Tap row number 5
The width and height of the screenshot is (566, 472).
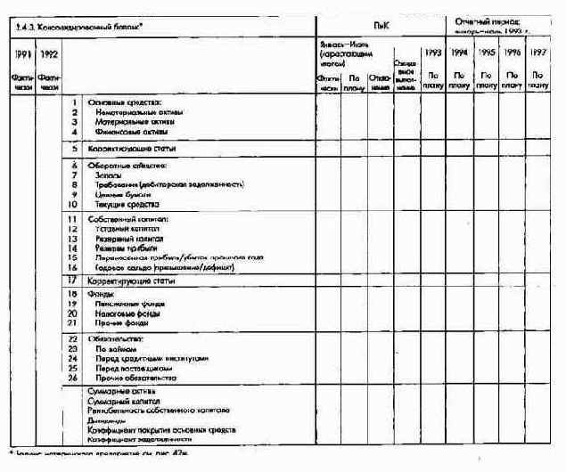pos(74,149)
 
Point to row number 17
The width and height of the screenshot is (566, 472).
pos(73,281)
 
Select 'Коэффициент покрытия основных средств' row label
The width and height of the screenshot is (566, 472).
pos(160,429)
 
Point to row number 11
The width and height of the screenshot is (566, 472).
pos(73,218)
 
